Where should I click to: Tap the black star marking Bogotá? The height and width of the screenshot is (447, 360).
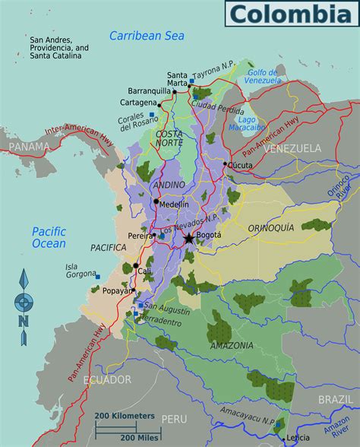(188, 239)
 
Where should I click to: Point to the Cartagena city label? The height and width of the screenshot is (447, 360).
(138, 102)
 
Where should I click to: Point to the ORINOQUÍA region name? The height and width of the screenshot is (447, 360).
(270, 227)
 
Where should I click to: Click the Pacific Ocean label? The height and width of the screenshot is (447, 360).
(49, 237)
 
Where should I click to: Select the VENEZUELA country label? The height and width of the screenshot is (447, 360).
(292, 148)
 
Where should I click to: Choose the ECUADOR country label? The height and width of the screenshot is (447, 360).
(107, 379)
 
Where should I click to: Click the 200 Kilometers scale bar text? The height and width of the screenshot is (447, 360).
(125, 417)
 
